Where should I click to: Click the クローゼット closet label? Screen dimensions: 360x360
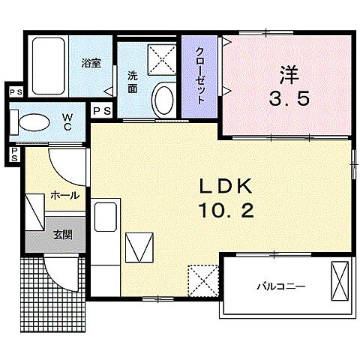click(x=200, y=75)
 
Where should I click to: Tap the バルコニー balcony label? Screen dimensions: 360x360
click(x=281, y=286)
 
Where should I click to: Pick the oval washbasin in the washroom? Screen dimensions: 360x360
click(x=161, y=98)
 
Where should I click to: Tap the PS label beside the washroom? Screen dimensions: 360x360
click(x=103, y=111)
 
